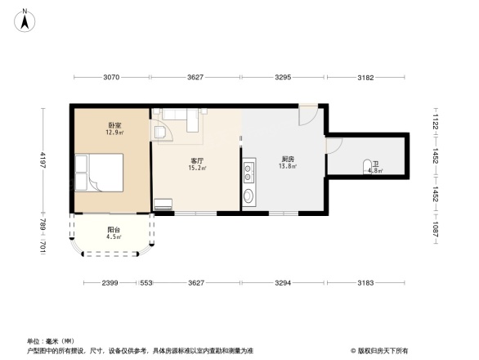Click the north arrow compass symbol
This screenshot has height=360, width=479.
click(27, 20)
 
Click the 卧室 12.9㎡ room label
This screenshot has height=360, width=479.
click(114, 128)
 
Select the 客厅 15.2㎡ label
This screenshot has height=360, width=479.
click(197, 164)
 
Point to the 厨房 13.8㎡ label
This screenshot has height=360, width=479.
click(287, 162)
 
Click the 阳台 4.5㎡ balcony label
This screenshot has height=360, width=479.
click(114, 233)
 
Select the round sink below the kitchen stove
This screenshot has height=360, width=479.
click(248, 196)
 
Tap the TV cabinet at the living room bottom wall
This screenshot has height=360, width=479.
click(163, 205)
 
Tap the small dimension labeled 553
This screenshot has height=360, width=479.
click(146, 283)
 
